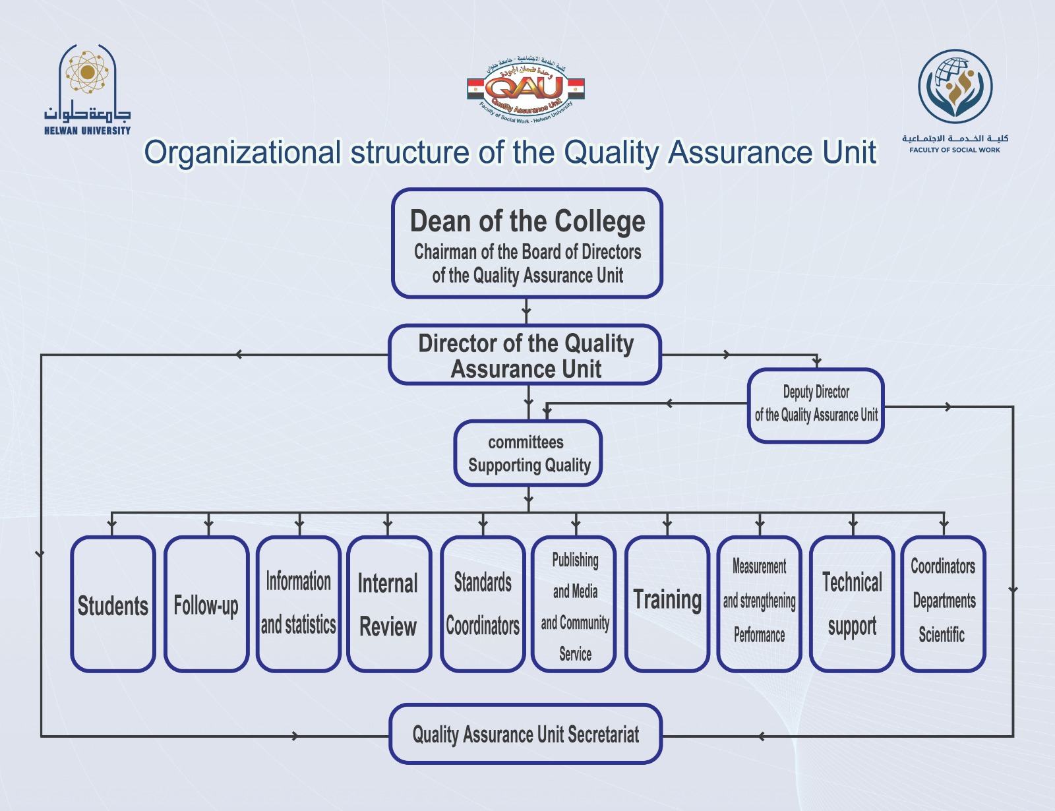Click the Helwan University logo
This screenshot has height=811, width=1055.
pos(87,89)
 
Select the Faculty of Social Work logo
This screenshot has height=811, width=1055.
pos(955,99)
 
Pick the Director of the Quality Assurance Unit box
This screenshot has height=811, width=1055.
pos(525,355)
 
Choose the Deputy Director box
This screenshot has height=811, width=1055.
pos(816,405)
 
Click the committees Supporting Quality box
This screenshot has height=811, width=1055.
pos(527,454)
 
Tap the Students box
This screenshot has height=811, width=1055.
pos(113,605)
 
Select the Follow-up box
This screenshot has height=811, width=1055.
pos(206,605)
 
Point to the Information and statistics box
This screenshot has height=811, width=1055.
pos(298,605)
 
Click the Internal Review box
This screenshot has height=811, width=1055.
pos(388,605)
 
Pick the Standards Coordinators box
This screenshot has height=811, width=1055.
pos(482,605)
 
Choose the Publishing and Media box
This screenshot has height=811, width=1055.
pos(574,605)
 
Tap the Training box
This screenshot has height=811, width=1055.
pos(667,605)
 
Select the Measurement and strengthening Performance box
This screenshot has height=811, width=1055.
pos(759,605)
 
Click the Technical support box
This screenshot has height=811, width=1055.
pos(852,605)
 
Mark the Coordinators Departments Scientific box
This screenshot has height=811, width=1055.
pos(943,605)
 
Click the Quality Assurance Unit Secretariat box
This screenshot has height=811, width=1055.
pos(526,734)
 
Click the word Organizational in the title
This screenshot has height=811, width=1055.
pos(242,153)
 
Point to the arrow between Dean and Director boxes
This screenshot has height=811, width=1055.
pos(526,310)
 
